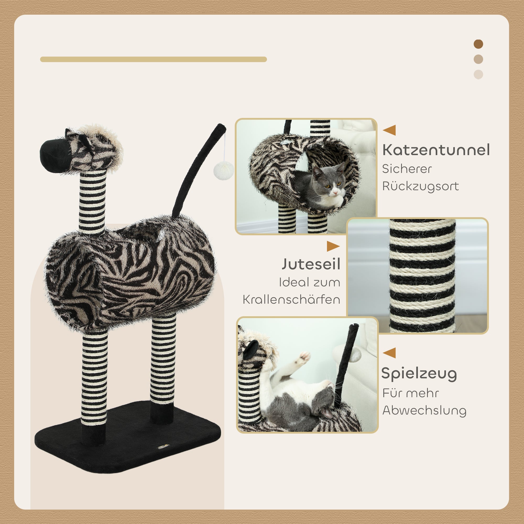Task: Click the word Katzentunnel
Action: click(x=436, y=150)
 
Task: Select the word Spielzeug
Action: click(x=419, y=374)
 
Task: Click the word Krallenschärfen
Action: click(x=291, y=300)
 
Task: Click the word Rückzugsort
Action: click(x=421, y=186)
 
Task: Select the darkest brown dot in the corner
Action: click(x=478, y=44)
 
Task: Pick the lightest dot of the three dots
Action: click(x=478, y=74)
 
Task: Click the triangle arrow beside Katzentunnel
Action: click(x=390, y=130)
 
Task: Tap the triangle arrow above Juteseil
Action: click(x=333, y=246)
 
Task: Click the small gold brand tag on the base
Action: click(x=163, y=447)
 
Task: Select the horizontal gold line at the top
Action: click(x=153, y=59)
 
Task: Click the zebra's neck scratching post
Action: click(x=92, y=201)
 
